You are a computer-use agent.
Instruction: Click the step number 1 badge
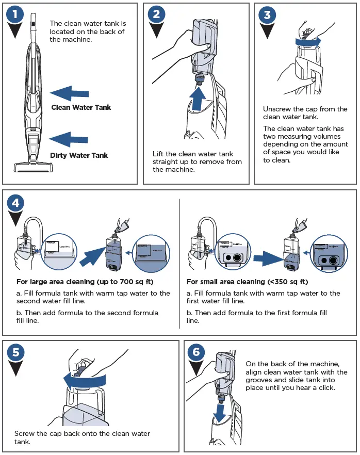coord(17,15)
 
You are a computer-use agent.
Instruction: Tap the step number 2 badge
coord(156,15)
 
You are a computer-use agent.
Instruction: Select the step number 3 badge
coord(267,15)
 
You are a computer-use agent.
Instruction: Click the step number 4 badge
coord(17,203)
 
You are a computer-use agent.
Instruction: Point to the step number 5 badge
coord(17,352)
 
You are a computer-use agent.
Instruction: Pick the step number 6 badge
coord(195,352)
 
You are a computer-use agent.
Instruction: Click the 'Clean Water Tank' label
coord(81,107)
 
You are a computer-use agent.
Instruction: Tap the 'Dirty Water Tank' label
coord(79,155)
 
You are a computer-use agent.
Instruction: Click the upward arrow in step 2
coord(199,98)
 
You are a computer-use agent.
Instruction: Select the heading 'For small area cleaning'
coord(247,282)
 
